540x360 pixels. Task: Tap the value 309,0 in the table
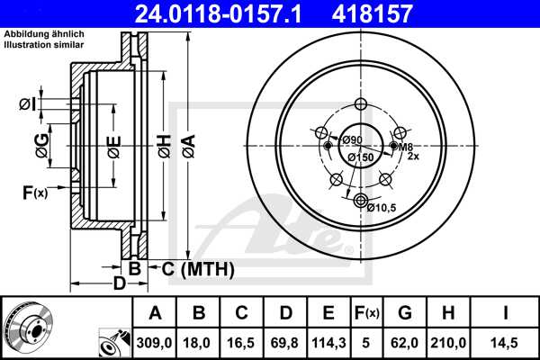coord(155,341)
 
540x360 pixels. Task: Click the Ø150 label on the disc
coord(361,158)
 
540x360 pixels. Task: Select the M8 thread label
coord(406,146)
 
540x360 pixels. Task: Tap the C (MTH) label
coord(197,268)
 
